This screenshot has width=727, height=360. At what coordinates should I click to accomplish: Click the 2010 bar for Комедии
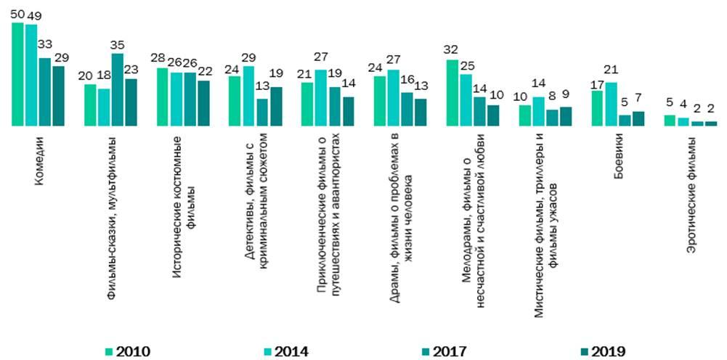click(x=18, y=74)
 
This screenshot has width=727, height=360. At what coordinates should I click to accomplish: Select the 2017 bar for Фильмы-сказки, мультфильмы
click(x=117, y=90)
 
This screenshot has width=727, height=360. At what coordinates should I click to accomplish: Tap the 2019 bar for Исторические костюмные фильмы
click(x=203, y=103)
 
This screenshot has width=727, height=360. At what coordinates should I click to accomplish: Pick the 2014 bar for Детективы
click(x=249, y=96)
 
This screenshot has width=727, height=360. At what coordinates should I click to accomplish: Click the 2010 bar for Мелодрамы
click(x=452, y=93)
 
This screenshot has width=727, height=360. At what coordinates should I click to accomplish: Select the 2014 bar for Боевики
click(x=612, y=104)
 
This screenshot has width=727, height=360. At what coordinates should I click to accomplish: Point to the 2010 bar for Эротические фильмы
click(x=670, y=120)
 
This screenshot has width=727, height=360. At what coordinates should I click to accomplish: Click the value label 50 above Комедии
click(x=18, y=15)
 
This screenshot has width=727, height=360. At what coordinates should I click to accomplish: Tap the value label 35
click(x=117, y=45)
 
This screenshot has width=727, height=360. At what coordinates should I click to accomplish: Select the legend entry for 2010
click(x=127, y=351)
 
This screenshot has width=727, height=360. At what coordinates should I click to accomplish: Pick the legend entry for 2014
click(x=285, y=351)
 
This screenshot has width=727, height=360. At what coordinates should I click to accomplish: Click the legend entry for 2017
click(x=443, y=351)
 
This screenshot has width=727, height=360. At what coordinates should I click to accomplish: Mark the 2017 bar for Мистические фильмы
click(x=552, y=118)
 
